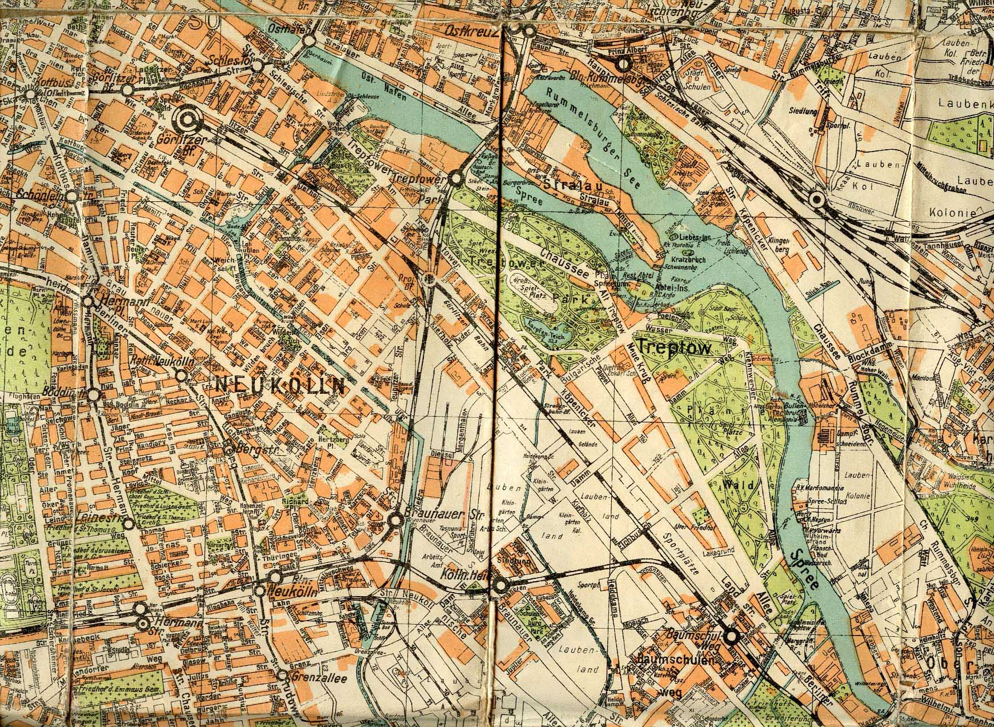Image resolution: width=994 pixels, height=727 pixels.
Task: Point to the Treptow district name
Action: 675,347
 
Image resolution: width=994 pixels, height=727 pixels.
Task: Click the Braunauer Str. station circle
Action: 395,520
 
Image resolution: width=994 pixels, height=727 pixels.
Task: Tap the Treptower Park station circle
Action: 456,179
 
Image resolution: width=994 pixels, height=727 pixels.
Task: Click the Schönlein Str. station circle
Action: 72,196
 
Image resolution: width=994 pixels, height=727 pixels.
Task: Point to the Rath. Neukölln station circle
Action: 181,376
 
